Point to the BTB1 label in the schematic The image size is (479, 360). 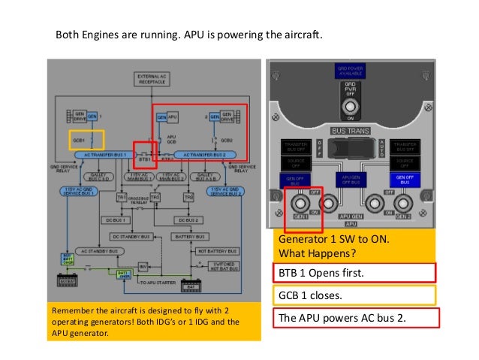pos(145,159)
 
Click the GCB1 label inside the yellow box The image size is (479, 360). pos(77,141)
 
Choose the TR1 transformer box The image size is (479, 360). pos(121,197)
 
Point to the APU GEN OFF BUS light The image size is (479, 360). pos(349,180)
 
